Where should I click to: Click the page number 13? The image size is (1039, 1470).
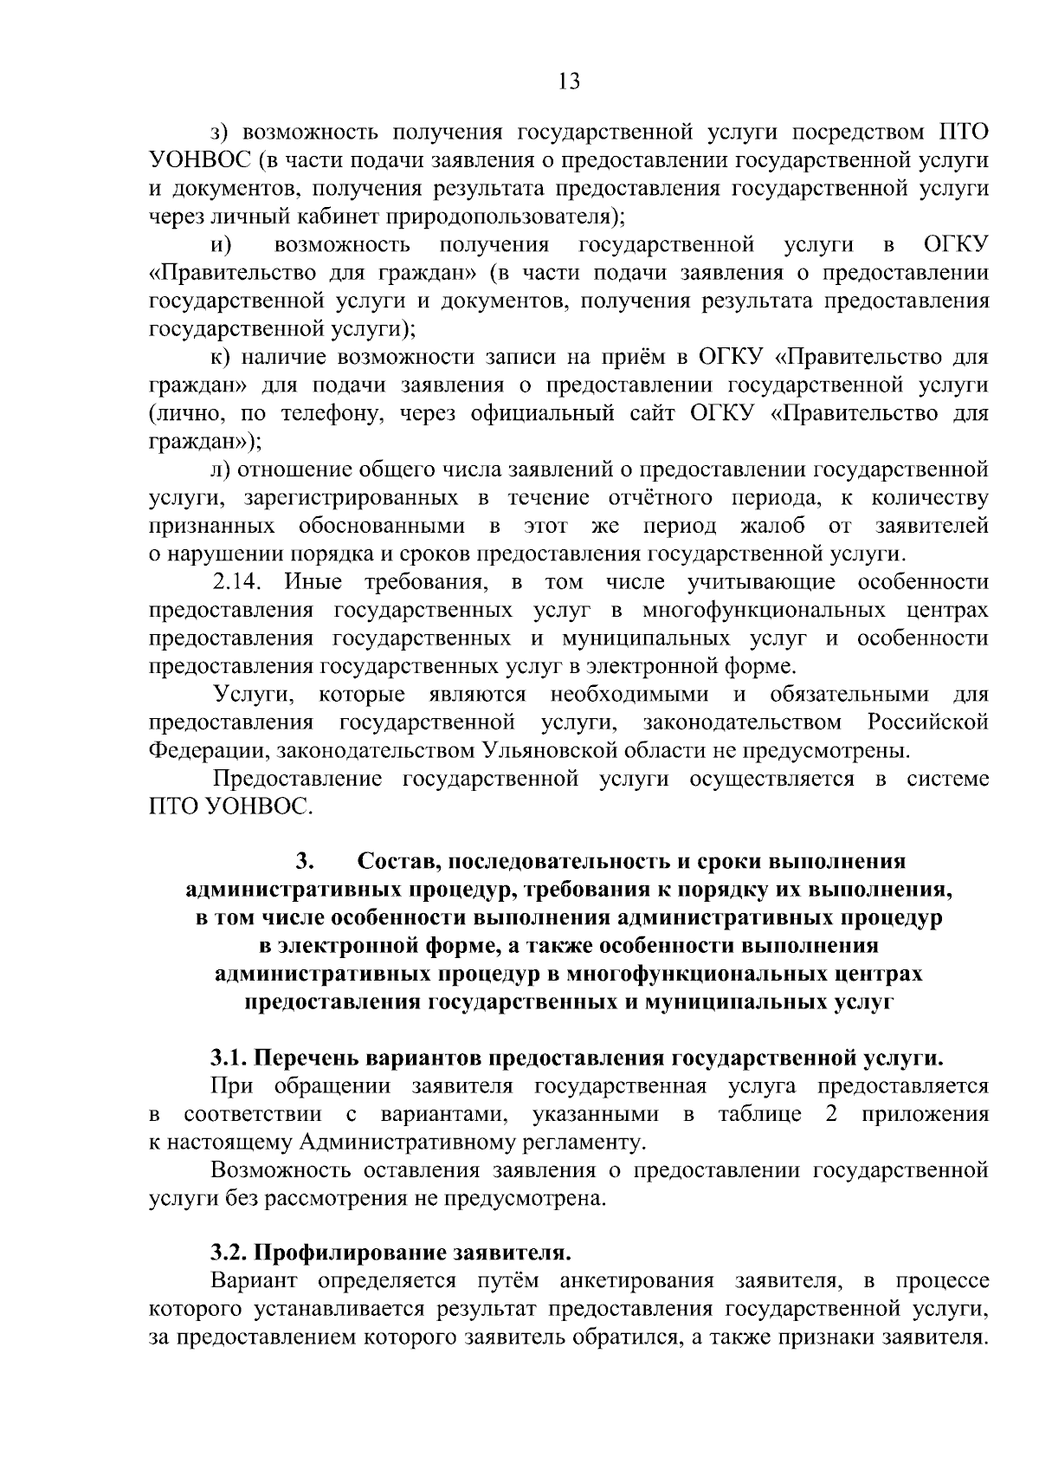click(569, 81)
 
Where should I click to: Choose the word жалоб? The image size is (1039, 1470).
click(772, 526)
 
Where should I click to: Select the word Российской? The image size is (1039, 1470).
click(927, 722)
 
